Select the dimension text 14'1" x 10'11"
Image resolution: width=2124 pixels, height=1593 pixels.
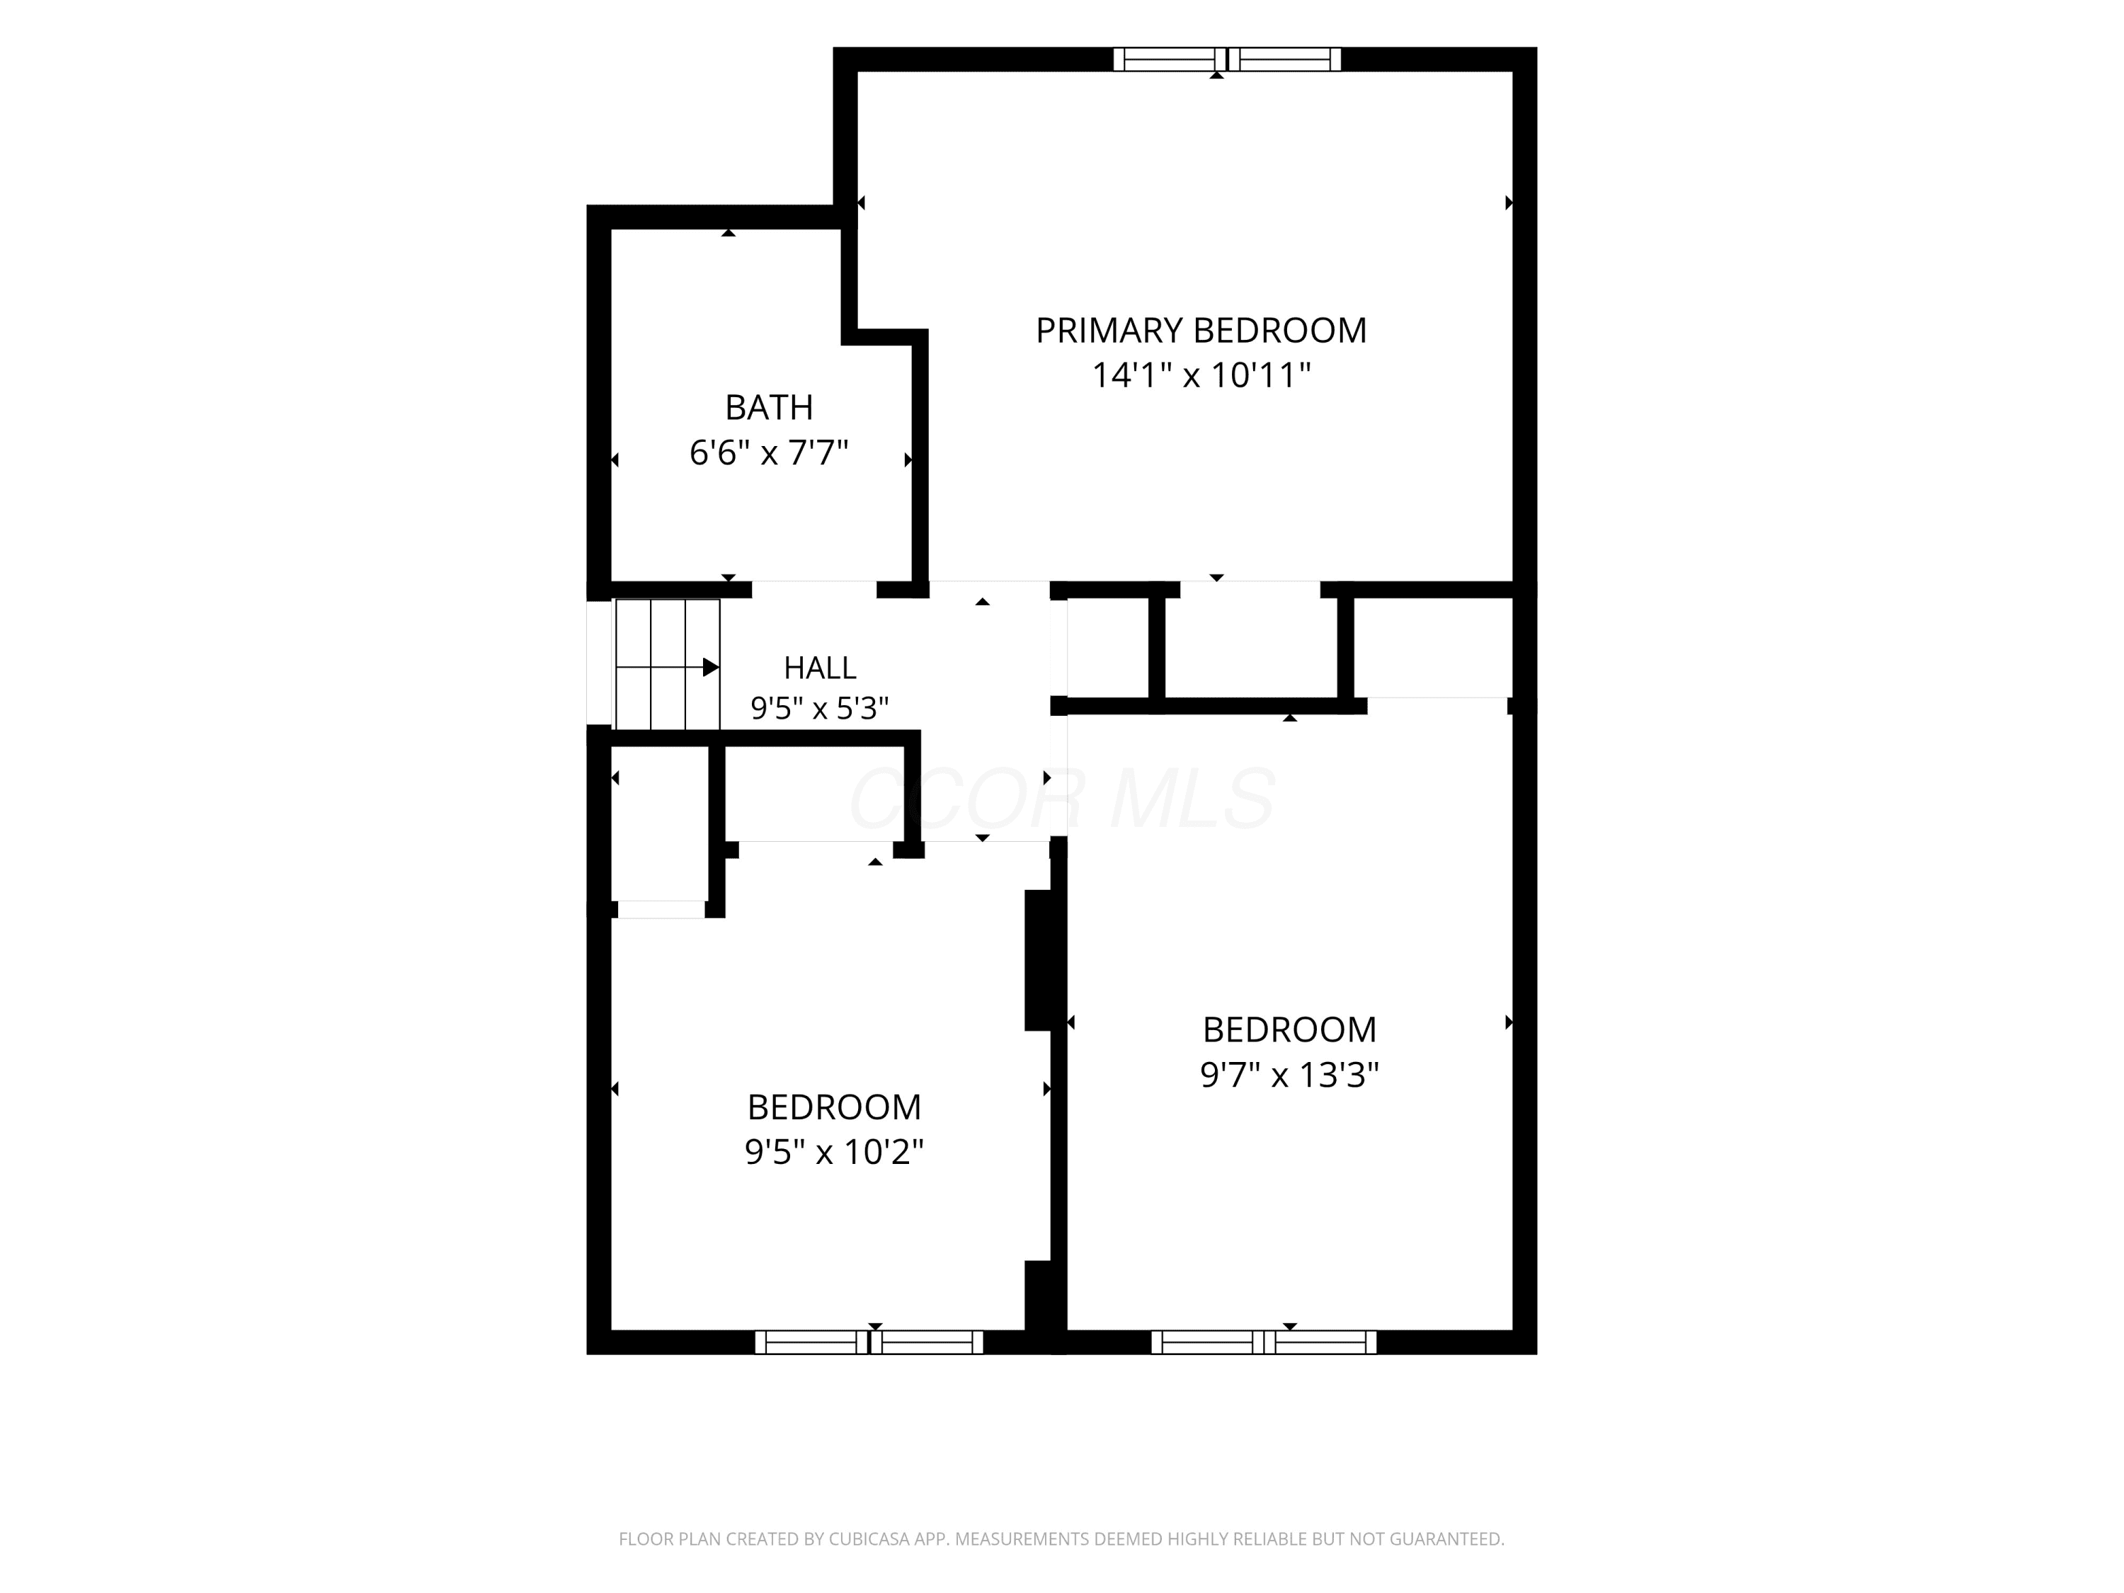[x=1201, y=375]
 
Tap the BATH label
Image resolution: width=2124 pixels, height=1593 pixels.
[x=768, y=407]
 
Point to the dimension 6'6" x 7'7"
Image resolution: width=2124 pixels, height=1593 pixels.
[x=769, y=452]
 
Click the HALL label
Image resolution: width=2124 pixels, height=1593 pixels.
[x=820, y=668]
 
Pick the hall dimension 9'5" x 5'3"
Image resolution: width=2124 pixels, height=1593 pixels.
[x=819, y=709]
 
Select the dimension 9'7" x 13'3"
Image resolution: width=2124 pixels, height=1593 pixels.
[x=1289, y=1075]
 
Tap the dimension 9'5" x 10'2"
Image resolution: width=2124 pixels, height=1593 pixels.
[x=833, y=1151]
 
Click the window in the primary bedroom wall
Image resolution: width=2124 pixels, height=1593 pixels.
[x=1227, y=59]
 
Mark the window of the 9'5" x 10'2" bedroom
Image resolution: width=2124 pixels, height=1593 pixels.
[x=869, y=1342]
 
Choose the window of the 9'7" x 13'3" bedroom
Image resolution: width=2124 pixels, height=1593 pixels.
[x=1264, y=1342]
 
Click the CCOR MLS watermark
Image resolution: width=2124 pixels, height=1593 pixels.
[x=1062, y=798]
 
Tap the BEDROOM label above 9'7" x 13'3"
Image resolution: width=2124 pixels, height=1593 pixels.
[x=1289, y=1029]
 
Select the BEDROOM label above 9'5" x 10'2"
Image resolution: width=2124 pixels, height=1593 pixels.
[x=833, y=1107]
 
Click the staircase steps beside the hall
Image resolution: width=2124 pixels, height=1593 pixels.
[x=666, y=665]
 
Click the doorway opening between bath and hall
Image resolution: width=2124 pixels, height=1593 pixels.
[x=814, y=590]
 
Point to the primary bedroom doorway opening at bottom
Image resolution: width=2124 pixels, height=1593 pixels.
[x=1250, y=590]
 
